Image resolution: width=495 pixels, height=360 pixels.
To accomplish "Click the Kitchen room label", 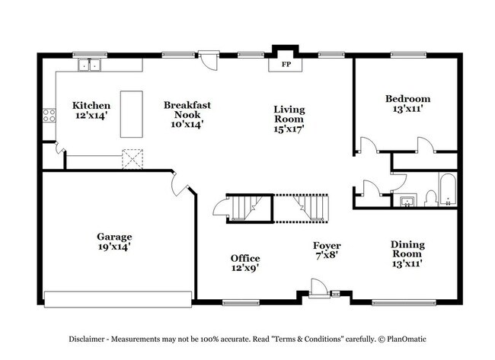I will pos(91,105).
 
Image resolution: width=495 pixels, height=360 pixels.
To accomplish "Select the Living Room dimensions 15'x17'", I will pos(289,129).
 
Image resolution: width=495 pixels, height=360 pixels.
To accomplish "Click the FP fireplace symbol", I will pos(287,65).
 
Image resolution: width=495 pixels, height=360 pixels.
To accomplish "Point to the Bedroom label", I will pos(407,99).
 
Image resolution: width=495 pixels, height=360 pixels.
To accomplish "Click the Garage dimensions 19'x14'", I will pos(113,247).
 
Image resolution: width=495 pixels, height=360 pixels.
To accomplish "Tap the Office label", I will pos(245,258).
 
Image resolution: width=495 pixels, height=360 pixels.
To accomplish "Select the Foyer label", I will pos(327,246).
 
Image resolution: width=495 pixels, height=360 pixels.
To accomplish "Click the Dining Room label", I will pos(407,249).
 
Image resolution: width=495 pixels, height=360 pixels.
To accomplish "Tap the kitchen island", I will pos(132,114).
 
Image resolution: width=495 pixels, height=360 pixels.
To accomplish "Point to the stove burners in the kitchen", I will pos(49,115).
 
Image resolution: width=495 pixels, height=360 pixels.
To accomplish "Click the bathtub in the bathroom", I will pos(448,190).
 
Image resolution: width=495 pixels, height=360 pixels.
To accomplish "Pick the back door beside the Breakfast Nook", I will pos(206,61).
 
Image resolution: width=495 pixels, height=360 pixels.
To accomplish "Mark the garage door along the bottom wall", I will pos(117,297).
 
